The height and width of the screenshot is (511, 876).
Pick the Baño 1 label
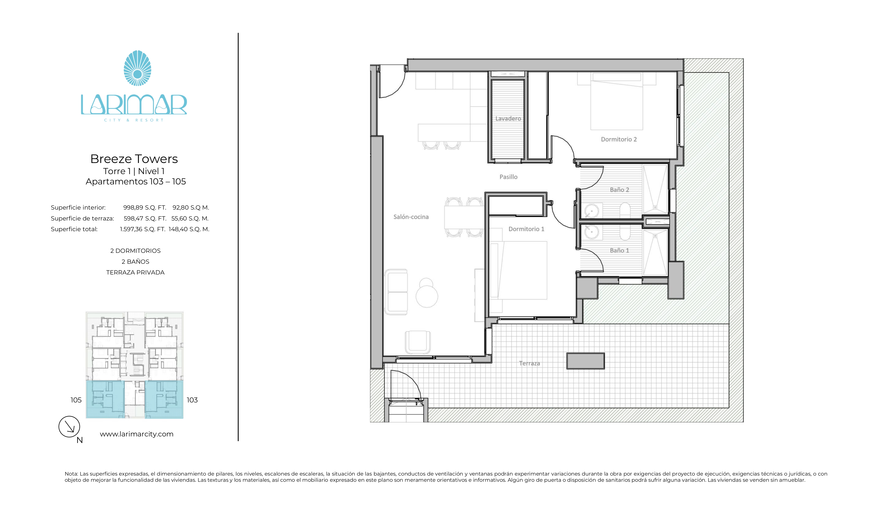click(620, 250)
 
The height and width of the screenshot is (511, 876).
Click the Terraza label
click(529, 363)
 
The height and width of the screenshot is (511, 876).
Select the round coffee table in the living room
click(427, 296)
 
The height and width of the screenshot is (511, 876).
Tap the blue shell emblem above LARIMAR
click(138, 68)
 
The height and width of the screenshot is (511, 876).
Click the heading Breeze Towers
click(134, 159)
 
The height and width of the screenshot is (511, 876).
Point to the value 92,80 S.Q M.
click(191, 207)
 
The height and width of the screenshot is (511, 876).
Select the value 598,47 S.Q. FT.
click(145, 218)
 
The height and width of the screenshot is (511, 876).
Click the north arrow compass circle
click(69, 427)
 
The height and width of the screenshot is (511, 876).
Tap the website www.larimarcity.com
click(137, 434)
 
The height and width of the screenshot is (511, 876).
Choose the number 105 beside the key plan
click(76, 400)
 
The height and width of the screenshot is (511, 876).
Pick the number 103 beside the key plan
click(192, 400)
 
